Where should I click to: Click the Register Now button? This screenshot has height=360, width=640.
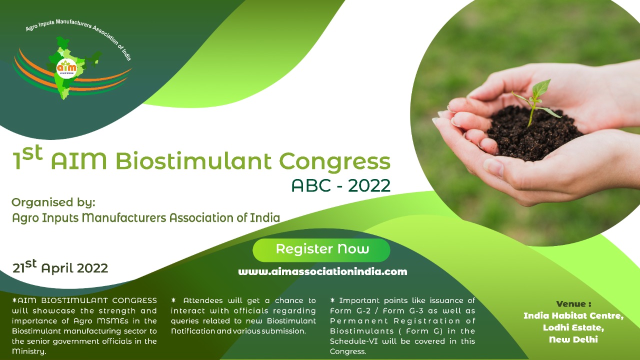click(x=321, y=250)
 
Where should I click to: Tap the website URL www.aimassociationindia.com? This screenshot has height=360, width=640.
click(x=322, y=271)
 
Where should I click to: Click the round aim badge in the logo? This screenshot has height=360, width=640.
click(x=66, y=67)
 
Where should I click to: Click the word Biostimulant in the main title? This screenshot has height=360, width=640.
click(x=193, y=161)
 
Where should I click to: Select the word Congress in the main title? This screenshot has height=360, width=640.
click(x=334, y=162)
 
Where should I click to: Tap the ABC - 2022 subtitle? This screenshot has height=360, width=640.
click(x=341, y=185)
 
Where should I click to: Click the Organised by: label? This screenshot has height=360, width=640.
click(x=53, y=202)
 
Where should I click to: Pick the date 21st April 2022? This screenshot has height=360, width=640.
click(x=60, y=267)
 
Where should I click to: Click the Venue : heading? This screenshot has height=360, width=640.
click(x=573, y=303)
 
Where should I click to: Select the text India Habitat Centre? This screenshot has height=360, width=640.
click(x=573, y=315)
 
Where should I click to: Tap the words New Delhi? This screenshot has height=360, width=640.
click(x=573, y=339)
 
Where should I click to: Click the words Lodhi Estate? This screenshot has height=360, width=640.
click(x=573, y=327)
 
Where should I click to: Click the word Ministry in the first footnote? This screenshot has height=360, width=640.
click(x=28, y=351)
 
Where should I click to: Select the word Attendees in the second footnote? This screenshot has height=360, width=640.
click(x=203, y=300)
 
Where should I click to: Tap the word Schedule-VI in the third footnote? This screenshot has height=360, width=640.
click(x=353, y=341)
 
